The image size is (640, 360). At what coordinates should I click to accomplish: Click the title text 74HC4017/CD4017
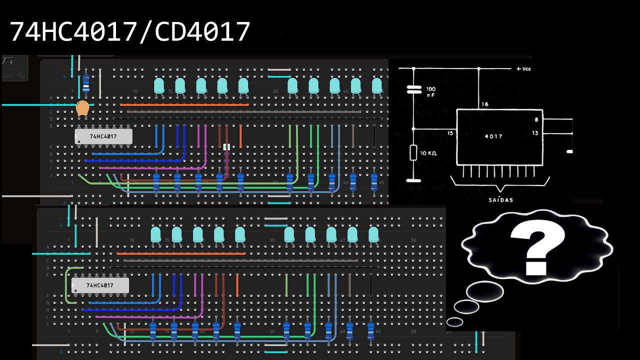coord(130,32)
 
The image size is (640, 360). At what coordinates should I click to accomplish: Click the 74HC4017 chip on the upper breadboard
coord(103,136)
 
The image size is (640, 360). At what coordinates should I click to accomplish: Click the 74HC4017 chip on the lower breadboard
coord(100,285)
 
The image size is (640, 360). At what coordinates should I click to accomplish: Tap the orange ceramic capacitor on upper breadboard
coord(82,108)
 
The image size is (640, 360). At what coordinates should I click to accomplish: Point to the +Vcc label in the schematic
coord(523,68)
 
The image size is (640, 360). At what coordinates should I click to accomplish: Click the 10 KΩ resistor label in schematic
coord(428,153)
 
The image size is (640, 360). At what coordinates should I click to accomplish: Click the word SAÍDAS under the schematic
coord(500,199)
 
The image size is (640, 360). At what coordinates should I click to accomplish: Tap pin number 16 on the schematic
coord(485,104)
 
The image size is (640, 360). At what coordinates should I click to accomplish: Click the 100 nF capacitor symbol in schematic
coord(414,89)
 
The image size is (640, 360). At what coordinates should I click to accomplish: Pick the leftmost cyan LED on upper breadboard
coord(159,85)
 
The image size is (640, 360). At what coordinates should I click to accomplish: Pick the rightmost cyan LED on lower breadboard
coord(373,234)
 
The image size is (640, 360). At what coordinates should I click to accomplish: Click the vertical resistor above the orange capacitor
coord(85,82)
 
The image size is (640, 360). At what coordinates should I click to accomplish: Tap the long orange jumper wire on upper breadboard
coord(184,105)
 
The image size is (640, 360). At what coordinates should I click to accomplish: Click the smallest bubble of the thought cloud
coord(454,321)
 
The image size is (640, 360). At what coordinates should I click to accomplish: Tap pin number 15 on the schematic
coord(450,133)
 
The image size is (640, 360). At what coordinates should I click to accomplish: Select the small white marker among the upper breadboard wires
coord(226,147)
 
